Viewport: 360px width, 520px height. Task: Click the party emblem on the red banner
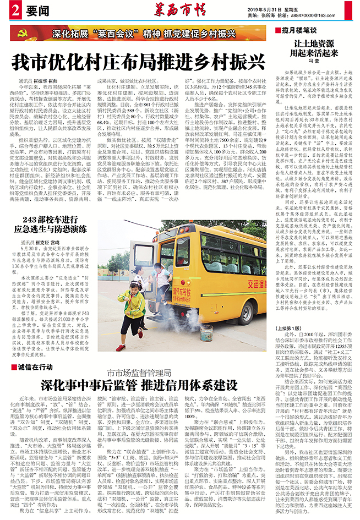[23, 33]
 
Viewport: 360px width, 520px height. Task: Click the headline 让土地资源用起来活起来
[313, 48]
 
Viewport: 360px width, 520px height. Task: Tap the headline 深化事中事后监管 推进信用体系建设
[138, 384]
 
